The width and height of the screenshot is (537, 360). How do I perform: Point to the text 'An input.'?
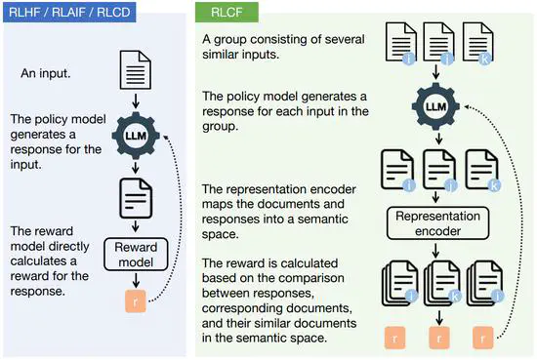coord(51,74)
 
